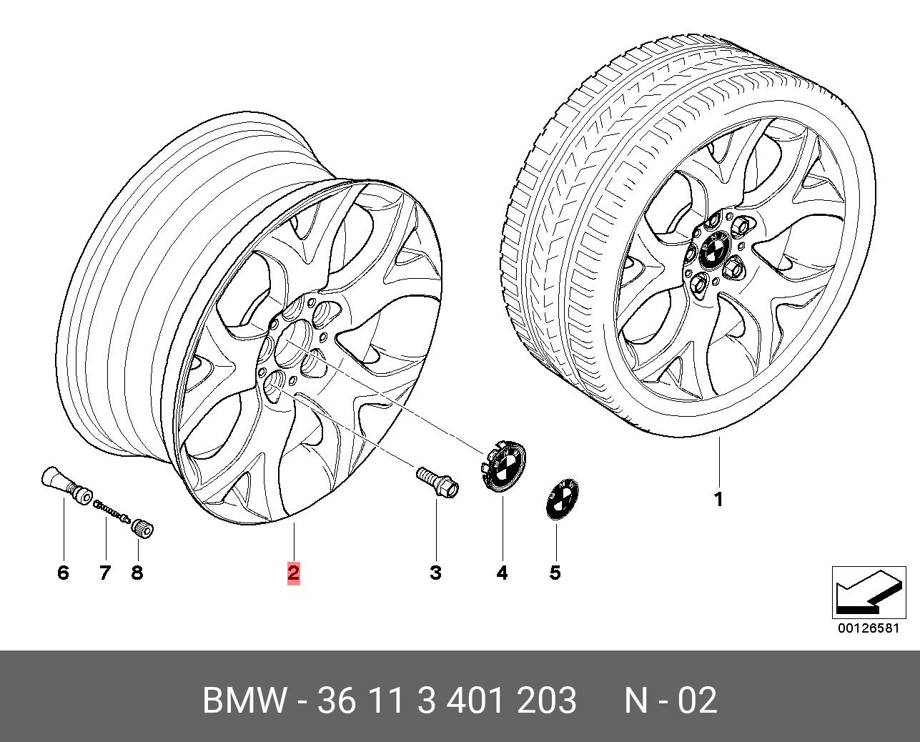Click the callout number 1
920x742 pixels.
(718, 500)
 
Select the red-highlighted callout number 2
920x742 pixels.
(294, 572)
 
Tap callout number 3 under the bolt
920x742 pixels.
(435, 572)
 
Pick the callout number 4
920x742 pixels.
(502, 572)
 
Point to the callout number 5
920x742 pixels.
(555, 572)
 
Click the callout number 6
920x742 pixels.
(64, 572)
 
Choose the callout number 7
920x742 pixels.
(105, 572)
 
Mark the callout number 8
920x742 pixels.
(137, 572)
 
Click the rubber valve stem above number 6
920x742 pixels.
(67, 485)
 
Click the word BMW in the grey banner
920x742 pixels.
(244, 700)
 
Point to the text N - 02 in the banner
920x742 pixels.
(671, 700)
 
